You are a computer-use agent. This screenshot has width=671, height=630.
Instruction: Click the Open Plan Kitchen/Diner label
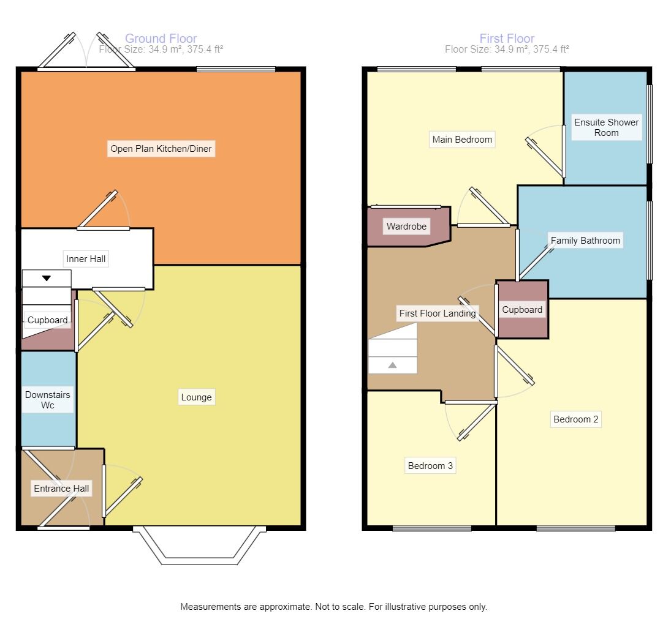tap(162, 148)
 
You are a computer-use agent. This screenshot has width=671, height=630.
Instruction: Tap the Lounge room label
tap(196, 397)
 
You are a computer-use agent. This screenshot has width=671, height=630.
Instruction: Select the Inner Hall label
tap(86, 259)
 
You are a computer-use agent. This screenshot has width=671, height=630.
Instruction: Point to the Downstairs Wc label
tap(48, 400)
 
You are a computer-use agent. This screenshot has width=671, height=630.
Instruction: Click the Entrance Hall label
tap(61, 489)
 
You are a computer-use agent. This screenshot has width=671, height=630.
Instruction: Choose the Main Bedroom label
tap(462, 140)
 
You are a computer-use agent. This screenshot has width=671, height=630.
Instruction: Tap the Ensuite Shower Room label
tap(606, 127)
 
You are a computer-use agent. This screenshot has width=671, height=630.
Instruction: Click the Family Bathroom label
tap(585, 240)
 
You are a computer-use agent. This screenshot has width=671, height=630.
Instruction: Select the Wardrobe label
tap(406, 227)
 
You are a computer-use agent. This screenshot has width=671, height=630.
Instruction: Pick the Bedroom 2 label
tap(575, 419)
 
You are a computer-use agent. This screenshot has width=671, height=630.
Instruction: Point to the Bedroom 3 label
tap(430, 466)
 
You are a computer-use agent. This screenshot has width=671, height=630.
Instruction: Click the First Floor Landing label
tap(438, 313)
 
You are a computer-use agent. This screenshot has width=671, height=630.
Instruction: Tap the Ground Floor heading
tap(161, 39)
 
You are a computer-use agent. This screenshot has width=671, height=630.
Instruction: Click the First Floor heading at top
tap(507, 39)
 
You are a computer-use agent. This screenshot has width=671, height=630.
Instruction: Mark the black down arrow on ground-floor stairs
tap(47, 279)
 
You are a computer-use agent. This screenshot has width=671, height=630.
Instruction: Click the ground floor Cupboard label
tap(47, 320)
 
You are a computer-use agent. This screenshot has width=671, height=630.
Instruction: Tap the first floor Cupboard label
tap(522, 310)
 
